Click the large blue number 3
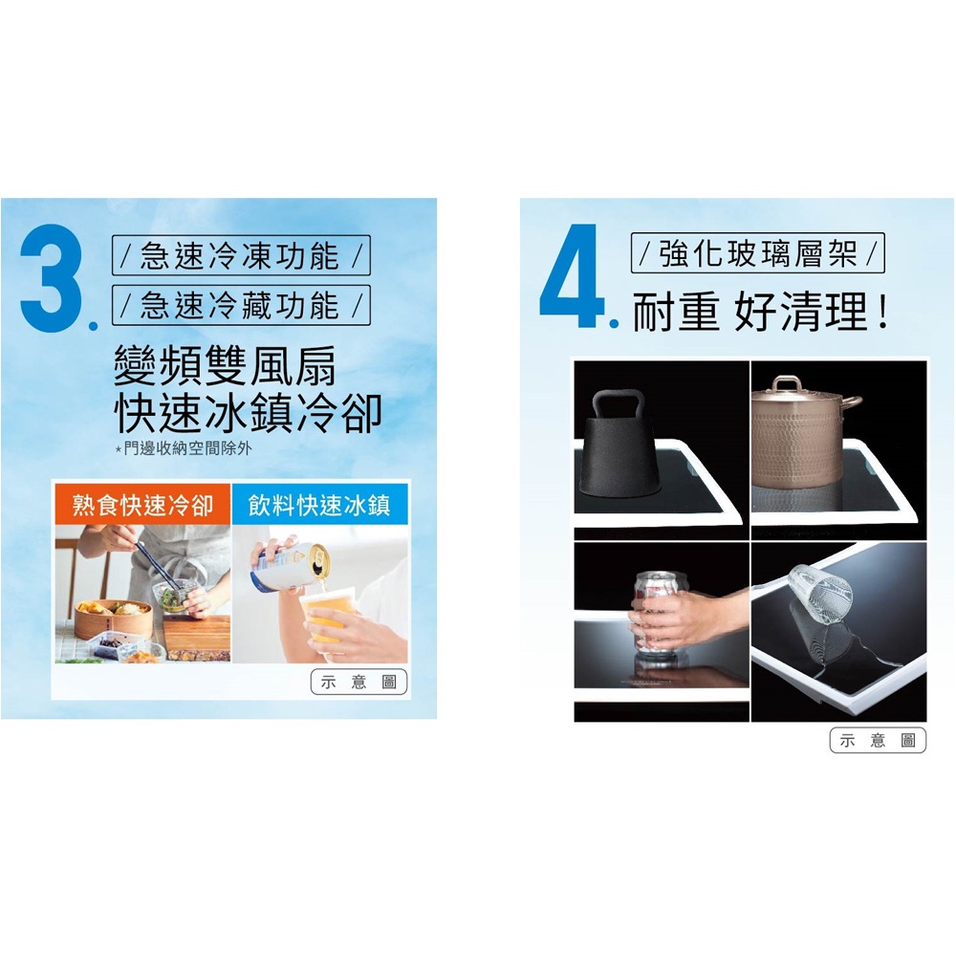point(52,277)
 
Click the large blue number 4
point(571,276)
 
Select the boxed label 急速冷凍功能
point(241,255)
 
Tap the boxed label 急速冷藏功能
point(241,305)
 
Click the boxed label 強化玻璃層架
point(758,253)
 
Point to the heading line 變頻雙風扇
point(225,366)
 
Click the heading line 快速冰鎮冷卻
point(249,413)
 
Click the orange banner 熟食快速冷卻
point(142,504)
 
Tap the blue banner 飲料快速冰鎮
point(319,504)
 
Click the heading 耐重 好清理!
point(759,312)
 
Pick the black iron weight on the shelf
point(619,444)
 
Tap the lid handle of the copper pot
point(787,384)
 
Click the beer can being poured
point(290,565)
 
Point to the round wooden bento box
point(114,618)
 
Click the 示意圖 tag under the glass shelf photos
point(878,741)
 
